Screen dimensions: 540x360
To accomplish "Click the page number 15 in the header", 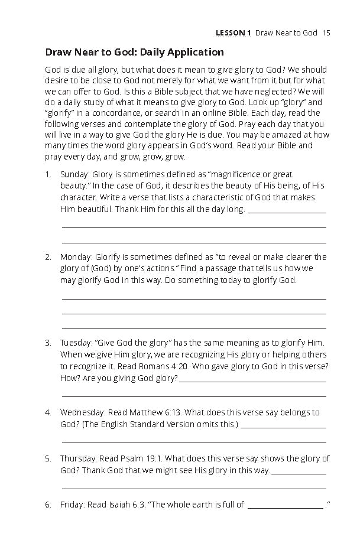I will [326, 32].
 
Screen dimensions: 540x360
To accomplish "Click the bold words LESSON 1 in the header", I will [233, 32].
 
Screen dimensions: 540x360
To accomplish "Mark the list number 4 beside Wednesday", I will [48, 412].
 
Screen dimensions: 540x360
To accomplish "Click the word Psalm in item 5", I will [134, 458].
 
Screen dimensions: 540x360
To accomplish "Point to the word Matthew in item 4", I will [144, 412].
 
